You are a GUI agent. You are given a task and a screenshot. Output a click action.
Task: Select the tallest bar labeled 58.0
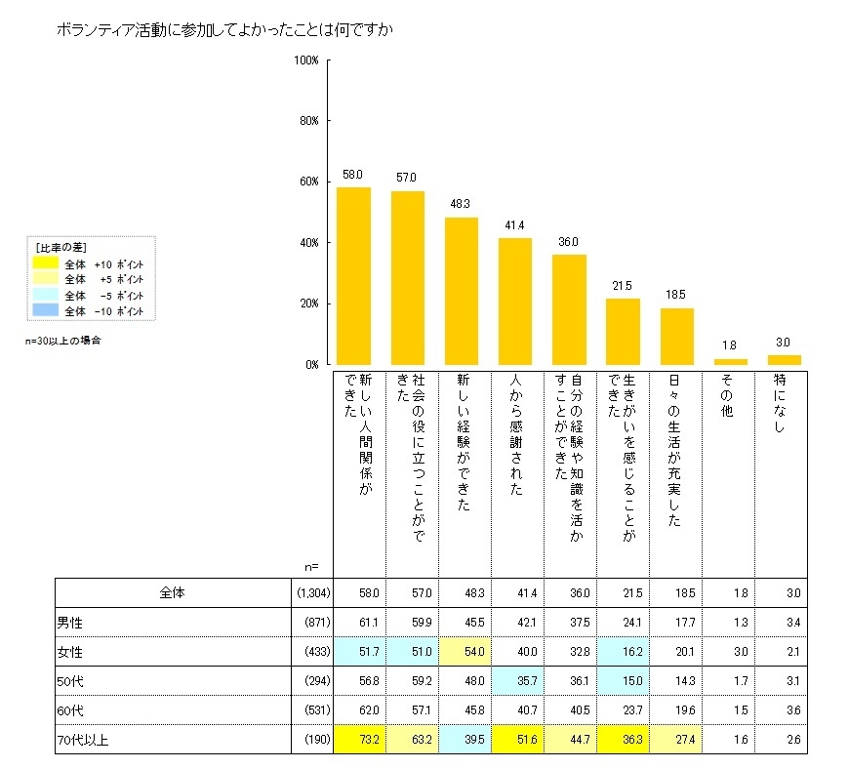(353, 275)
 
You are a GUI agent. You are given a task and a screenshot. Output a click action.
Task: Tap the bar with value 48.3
(461, 291)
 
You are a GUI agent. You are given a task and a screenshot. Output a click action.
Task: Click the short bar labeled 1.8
(731, 361)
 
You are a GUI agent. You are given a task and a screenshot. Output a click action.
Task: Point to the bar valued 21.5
(623, 331)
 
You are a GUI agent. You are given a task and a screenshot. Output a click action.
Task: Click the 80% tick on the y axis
(308, 121)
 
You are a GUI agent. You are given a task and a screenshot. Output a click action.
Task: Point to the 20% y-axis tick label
(308, 304)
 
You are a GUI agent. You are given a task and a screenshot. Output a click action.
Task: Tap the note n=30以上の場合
(63, 342)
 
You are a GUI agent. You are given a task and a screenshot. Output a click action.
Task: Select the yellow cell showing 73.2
(360, 741)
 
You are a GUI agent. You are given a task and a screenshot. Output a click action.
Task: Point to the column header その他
(726, 396)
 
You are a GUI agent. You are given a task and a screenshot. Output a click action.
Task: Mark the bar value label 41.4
(514, 226)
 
